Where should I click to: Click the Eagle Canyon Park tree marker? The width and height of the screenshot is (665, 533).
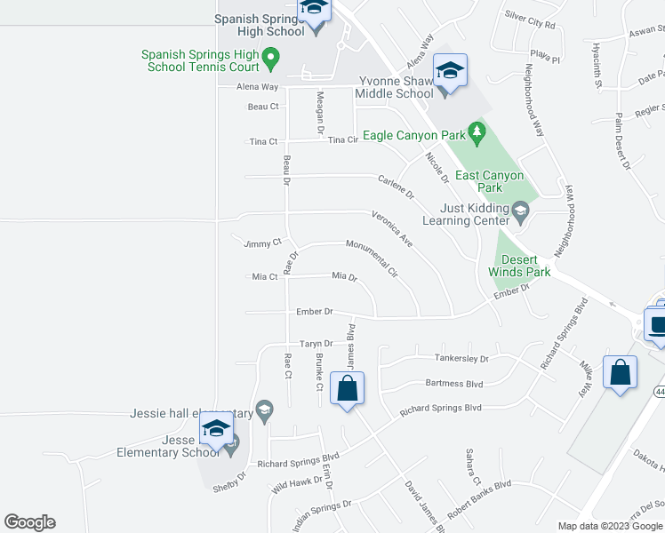coord(477,134)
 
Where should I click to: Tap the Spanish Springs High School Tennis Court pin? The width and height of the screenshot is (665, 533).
coord(273,60)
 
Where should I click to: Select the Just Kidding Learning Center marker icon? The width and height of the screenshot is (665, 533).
coord(522,211)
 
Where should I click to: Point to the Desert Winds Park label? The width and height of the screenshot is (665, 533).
coord(520,266)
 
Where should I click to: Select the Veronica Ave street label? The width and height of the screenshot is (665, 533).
coord(392,228)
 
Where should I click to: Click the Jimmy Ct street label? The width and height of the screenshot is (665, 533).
coord(262,243)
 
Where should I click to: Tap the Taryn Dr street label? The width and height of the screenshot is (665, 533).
coord(316,344)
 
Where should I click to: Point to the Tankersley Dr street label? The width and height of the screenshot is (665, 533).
coord(461,359)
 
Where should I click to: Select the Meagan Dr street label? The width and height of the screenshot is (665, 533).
coord(320,115)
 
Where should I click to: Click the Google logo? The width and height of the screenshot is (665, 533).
coord(29,522)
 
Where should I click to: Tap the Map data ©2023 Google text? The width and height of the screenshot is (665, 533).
coord(610,525)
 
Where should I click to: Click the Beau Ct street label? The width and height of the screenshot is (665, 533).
coord(263,107)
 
